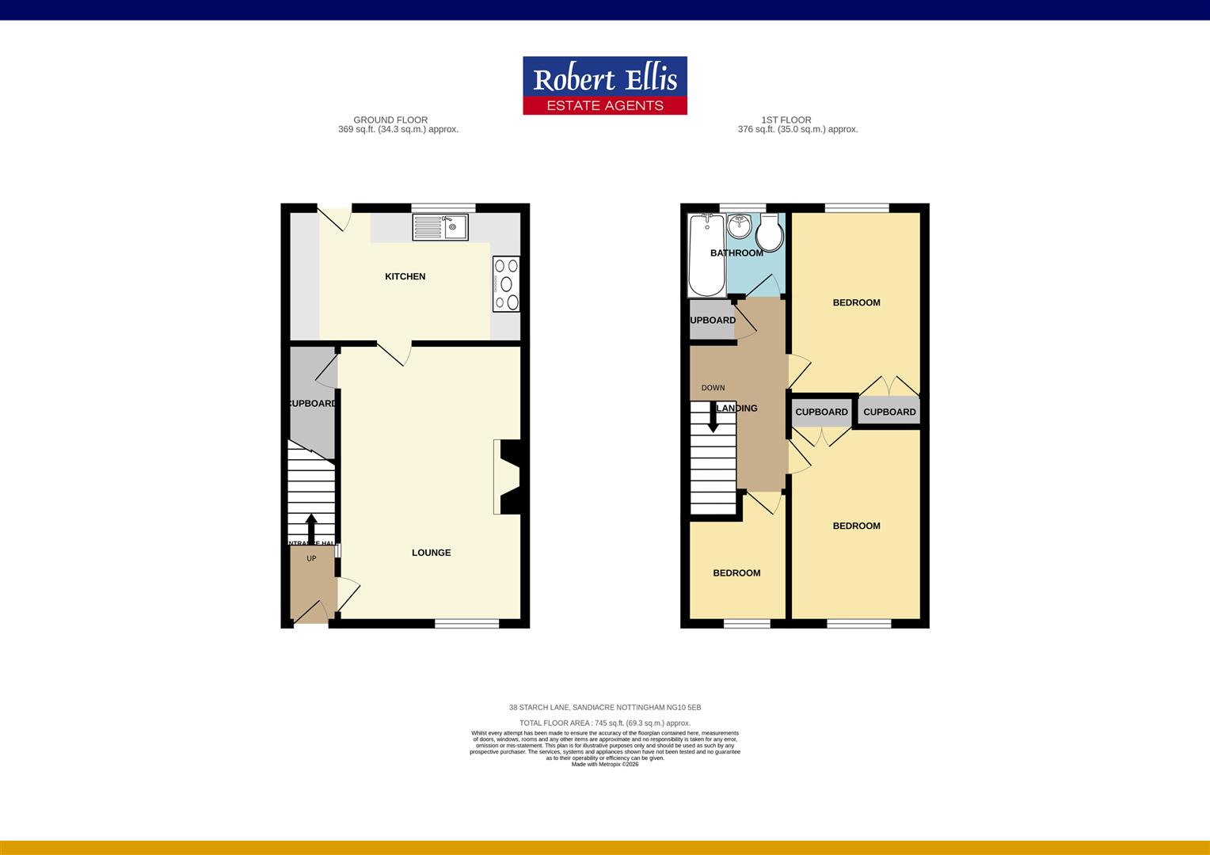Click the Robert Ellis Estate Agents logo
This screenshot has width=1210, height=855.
pos(605,85)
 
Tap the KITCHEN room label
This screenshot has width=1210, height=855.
pos(405,276)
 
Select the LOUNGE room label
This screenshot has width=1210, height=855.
pos(431,553)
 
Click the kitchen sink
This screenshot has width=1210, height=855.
pos(440,227)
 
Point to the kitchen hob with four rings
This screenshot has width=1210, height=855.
pos(506,284)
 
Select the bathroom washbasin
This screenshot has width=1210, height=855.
pos(740,226)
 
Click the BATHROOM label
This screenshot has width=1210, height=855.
pos(736,253)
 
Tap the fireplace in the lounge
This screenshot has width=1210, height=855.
pos(507,477)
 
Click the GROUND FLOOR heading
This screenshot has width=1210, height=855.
pos(390,120)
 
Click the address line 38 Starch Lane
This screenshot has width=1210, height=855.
pos(605,707)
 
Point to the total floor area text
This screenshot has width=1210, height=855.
pos(605,723)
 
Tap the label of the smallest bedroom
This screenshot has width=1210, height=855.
pos(736,573)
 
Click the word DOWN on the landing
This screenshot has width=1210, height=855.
pos(713,388)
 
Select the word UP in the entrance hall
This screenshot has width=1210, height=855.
pos(311,559)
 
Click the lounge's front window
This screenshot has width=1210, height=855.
pos(467,623)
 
